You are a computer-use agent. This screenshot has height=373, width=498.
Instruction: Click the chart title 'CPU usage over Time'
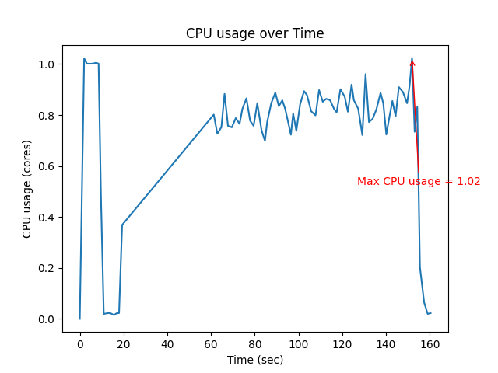tap(254, 33)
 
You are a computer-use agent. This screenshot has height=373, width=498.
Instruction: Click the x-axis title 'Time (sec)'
tap(254, 360)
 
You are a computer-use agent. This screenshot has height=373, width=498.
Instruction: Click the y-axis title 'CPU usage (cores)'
tap(27, 189)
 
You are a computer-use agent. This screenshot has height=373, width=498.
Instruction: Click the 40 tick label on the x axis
tap(167, 343)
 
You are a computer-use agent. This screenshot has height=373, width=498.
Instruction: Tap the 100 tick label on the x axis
tap(298, 343)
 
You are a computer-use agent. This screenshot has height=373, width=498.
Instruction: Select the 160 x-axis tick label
tap(430, 343)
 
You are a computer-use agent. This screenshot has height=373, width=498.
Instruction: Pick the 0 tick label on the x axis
tap(79, 343)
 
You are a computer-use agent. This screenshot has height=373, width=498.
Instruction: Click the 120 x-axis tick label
tap(342, 343)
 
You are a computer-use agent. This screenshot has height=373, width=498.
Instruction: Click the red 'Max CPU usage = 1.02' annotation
tap(419, 181)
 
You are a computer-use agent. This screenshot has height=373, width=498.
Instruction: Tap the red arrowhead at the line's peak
tap(412, 63)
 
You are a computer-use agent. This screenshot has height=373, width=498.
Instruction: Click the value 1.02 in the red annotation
tap(468, 181)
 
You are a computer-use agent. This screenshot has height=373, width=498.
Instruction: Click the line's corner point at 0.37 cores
tap(122, 225)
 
